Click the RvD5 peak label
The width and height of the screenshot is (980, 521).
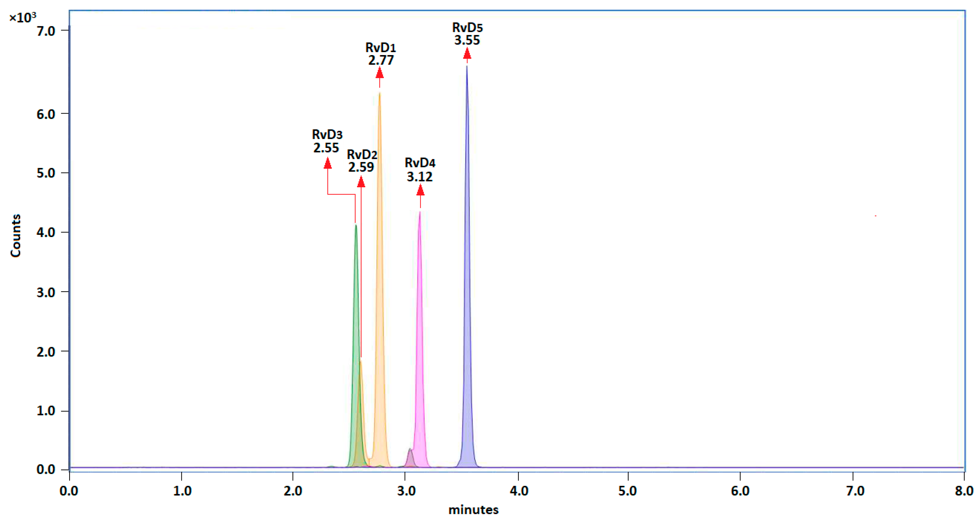coord(467,27)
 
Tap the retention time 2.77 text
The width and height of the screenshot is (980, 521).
coord(381,60)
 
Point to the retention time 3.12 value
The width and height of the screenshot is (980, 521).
coord(420,177)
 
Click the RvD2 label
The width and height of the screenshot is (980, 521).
coord(362,155)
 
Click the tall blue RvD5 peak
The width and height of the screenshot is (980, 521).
coord(467,266)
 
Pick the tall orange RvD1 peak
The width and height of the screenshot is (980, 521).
coord(379,266)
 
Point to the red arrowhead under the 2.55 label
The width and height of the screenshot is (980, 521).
coord(328,163)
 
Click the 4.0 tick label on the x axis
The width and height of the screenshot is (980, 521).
coord(519,491)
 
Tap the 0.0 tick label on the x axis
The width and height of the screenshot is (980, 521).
coord(69,491)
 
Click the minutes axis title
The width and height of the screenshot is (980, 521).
coord(473,510)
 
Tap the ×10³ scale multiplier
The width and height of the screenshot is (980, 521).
coord(22,18)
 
